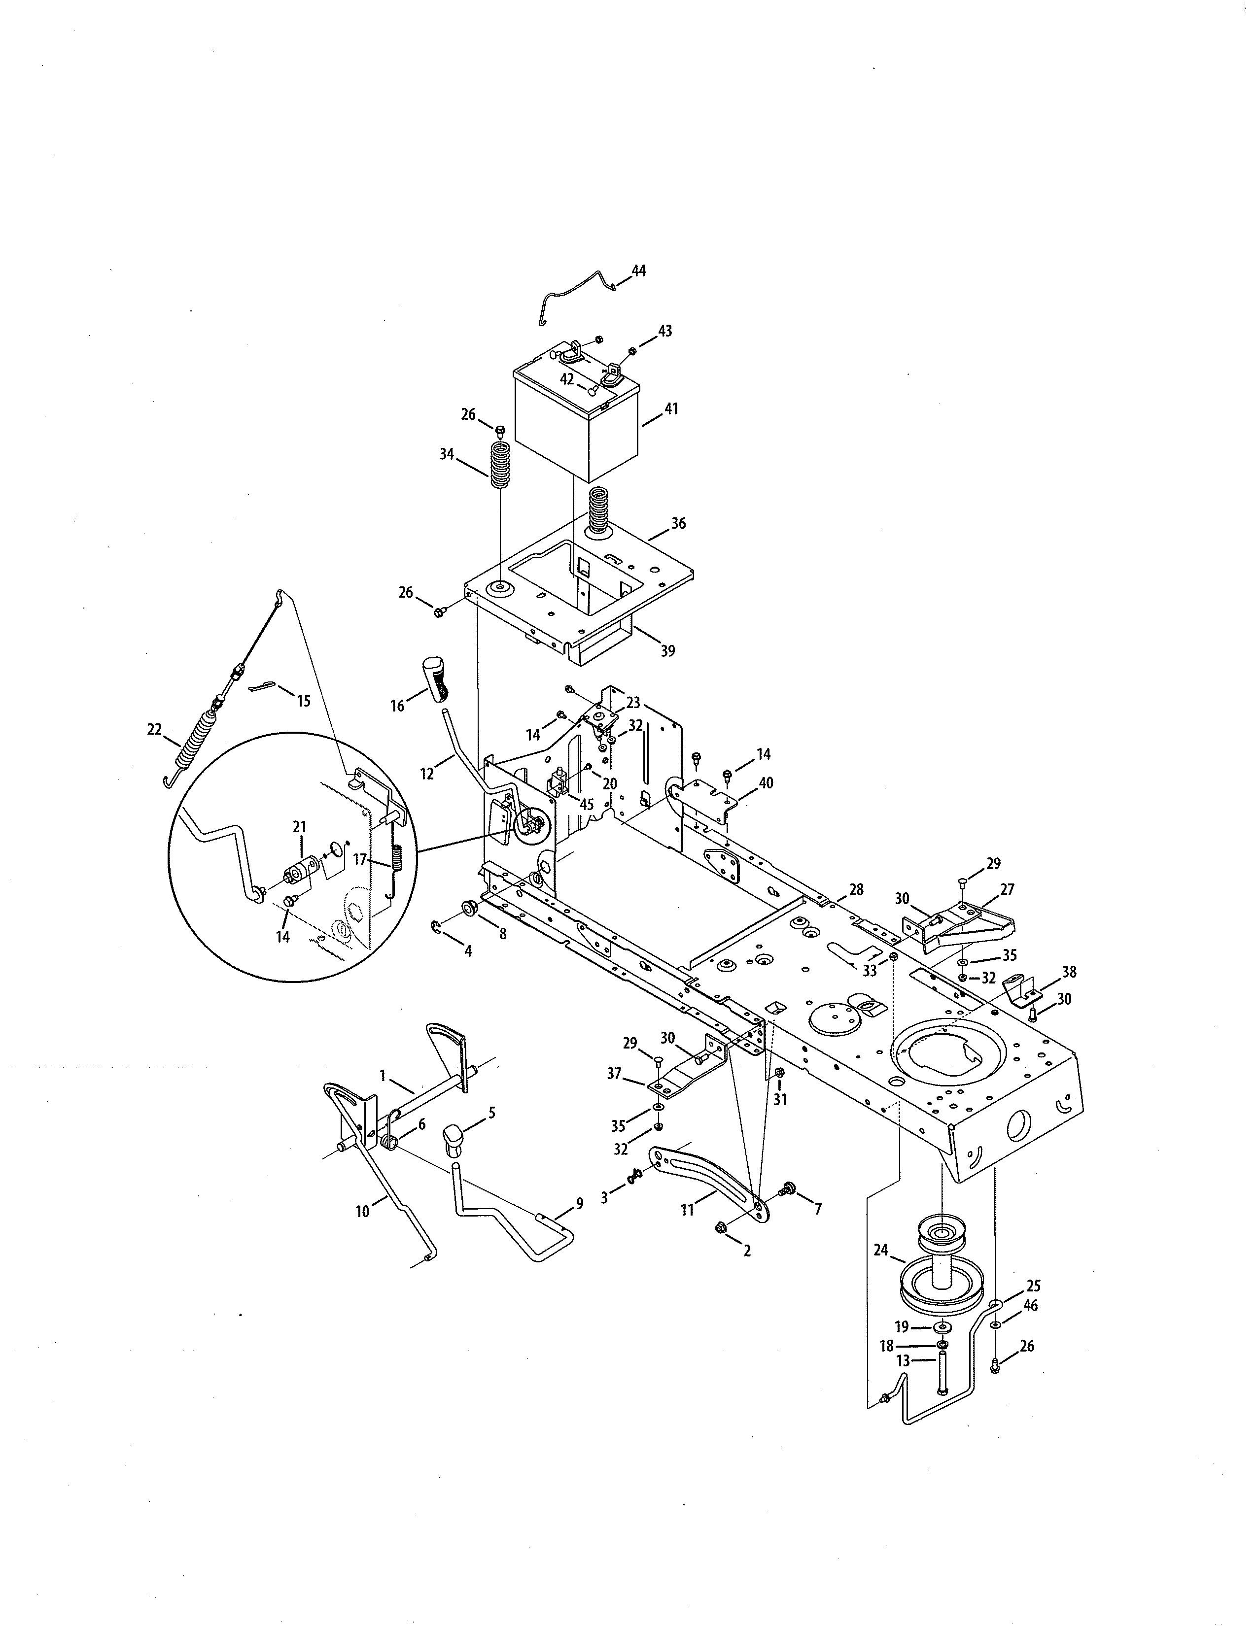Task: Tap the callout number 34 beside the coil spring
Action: coord(447,454)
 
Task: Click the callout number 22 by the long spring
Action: coord(154,730)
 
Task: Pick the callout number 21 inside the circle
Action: coord(299,826)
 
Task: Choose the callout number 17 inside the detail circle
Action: coord(360,859)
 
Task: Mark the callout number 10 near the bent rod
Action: coord(362,1211)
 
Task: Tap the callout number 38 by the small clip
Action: coord(1069,972)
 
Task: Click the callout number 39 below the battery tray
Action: coord(668,651)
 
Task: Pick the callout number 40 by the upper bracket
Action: coord(766,782)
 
